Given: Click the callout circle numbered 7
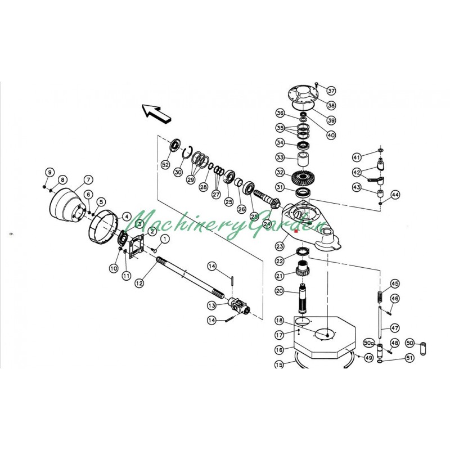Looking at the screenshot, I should tap(88, 181).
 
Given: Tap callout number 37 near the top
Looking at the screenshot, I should tap(331, 91).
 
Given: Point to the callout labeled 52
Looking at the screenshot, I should tap(165, 164).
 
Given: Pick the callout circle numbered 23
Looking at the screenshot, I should tap(280, 245).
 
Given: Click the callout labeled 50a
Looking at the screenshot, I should tap(369, 342).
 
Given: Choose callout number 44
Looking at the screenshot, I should tap(395, 195).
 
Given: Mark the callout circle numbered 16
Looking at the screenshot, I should tap(280, 349).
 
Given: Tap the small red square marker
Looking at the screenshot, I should tap(296, 231).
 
